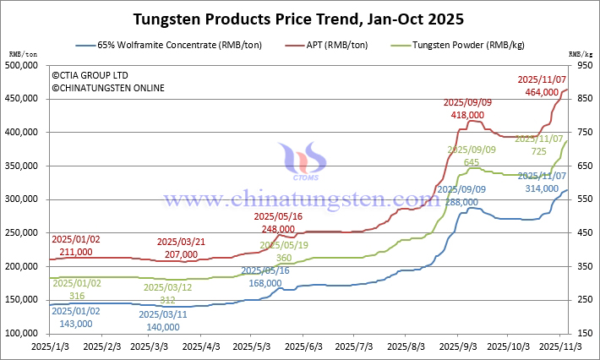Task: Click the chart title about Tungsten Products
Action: click(298, 17)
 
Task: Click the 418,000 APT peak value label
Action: click(468, 114)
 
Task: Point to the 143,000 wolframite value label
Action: click(70, 323)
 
